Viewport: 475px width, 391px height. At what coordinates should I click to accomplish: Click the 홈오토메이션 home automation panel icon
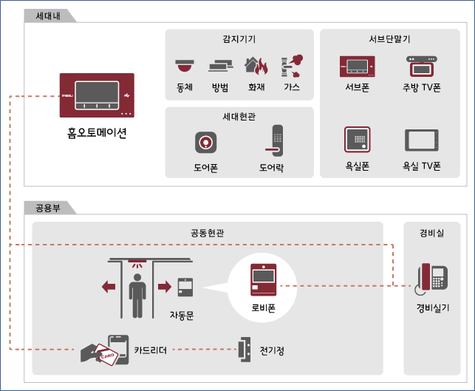click(97, 95)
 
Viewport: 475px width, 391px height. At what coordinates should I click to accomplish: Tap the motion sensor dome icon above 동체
click(185, 66)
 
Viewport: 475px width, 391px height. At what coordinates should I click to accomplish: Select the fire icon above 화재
click(256, 66)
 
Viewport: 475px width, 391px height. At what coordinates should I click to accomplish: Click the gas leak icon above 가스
click(292, 66)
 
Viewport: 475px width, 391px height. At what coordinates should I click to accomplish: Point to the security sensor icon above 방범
click(221, 66)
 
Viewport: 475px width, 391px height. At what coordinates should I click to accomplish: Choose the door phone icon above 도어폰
click(205, 143)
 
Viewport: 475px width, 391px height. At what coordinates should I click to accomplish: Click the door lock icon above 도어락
click(275, 140)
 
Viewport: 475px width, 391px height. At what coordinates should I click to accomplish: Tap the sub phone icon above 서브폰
click(357, 66)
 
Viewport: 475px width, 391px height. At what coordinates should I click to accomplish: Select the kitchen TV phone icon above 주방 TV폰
click(422, 66)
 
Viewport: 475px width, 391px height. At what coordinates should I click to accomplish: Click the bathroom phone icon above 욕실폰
click(358, 140)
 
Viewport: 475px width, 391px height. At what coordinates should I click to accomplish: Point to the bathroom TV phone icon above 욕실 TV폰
click(422, 140)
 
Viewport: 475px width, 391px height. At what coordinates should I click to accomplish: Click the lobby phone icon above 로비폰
click(263, 280)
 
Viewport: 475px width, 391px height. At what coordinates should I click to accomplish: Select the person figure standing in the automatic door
click(137, 296)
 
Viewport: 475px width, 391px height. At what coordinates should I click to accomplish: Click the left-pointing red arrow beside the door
click(109, 287)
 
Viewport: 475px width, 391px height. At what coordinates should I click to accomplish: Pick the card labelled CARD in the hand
click(106, 355)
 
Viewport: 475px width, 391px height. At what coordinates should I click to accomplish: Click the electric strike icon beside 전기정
click(245, 350)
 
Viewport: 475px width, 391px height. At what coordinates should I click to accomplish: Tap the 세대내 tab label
click(48, 16)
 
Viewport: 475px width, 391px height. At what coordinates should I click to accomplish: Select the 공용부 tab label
click(48, 208)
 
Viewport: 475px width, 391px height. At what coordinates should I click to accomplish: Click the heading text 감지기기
click(239, 39)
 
